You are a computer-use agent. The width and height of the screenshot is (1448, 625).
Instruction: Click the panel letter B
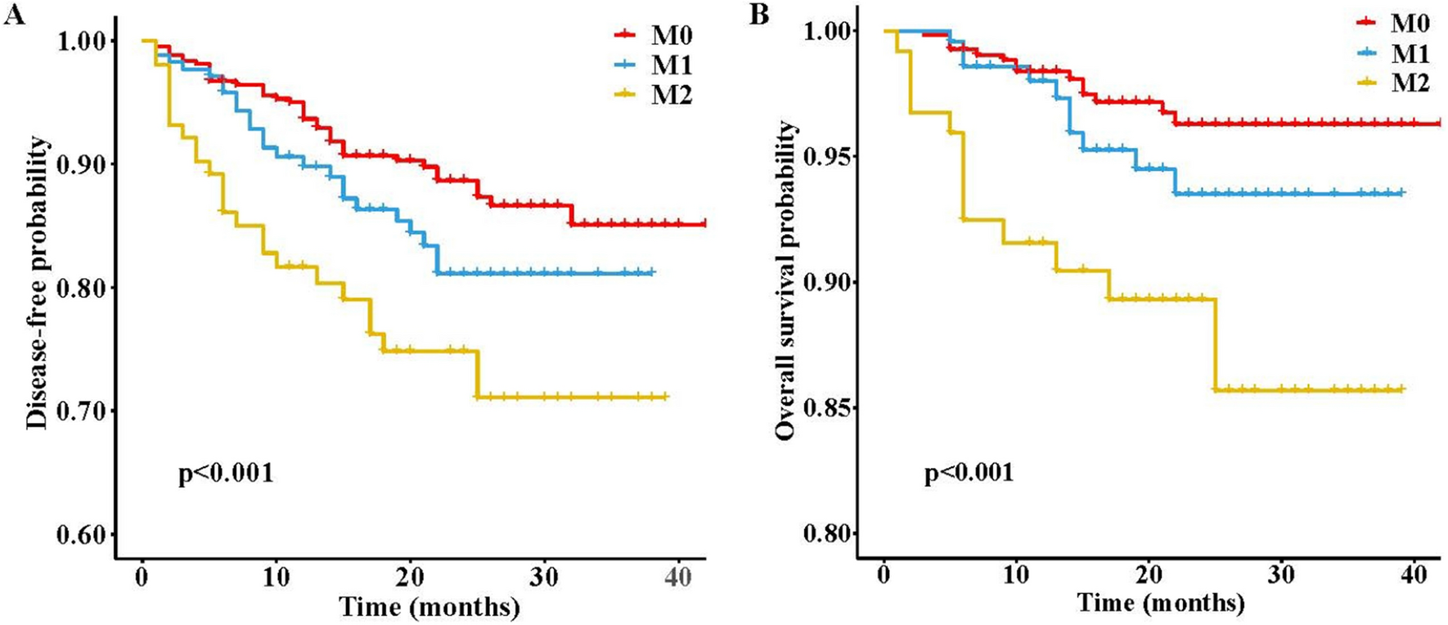point(760,15)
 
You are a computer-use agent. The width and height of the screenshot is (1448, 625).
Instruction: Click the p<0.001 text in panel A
point(226,473)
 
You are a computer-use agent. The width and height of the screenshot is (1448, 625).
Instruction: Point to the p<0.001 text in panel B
point(969,472)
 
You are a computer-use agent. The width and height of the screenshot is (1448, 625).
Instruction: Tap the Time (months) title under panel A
point(429,607)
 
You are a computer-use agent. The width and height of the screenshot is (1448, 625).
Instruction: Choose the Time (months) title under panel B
point(1161,604)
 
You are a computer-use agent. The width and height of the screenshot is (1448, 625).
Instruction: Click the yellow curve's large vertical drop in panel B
point(1216,344)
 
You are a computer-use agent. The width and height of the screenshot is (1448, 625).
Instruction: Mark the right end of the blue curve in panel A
point(652,272)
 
